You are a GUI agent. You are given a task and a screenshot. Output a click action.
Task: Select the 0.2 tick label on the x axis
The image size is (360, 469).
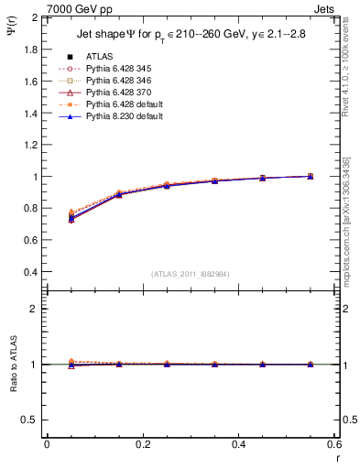click(x=142, y=444)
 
